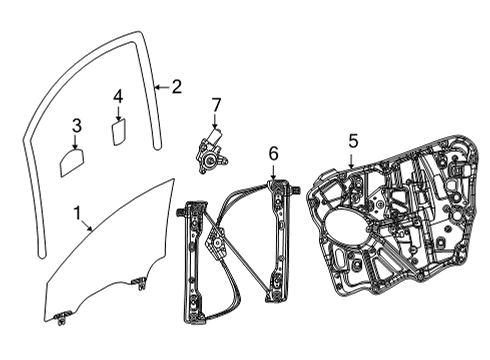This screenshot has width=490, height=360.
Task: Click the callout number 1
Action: (x=77, y=213)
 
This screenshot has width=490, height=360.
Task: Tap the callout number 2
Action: (x=176, y=87)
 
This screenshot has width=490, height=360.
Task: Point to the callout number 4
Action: (x=118, y=96)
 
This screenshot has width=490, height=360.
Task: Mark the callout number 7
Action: (x=215, y=104)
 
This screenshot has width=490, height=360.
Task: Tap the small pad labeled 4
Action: (x=118, y=131)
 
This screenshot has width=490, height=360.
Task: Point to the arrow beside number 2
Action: (x=163, y=88)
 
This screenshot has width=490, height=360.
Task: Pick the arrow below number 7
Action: (x=214, y=120)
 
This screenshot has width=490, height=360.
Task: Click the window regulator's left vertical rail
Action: (x=187, y=265)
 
